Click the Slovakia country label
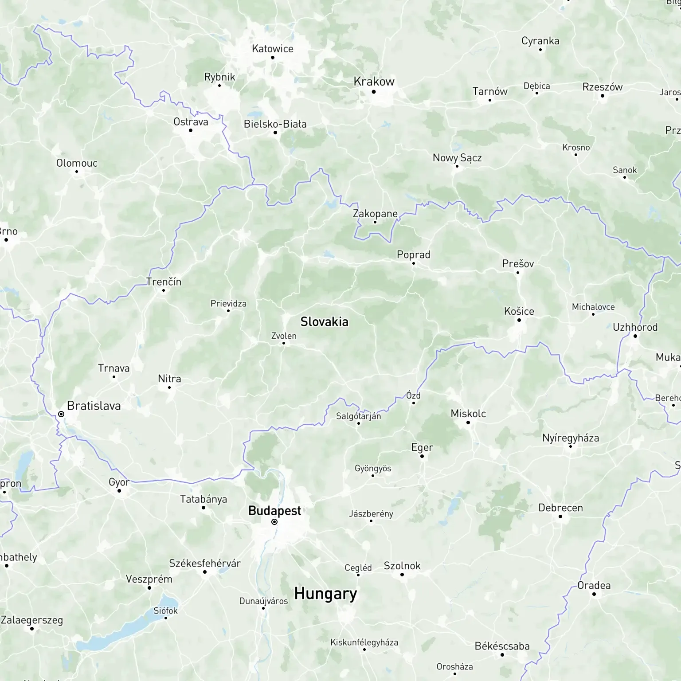(x=324, y=322)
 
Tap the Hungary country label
(x=325, y=594)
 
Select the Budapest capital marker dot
(x=274, y=522)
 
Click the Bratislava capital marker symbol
(x=61, y=414)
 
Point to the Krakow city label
(x=374, y=82)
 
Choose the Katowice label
(x=272, y=49)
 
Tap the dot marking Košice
(x=519, y=320)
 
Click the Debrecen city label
(x=560, y=508)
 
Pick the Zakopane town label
(x=375, y=214)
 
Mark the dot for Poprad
(x=413, y=263)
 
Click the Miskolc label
(x=468, y=414)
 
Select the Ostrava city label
(x=191, y=122)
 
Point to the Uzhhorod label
(x=635, y=327)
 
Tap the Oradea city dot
(x=594, y=594)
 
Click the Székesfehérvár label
(x=205, y=564)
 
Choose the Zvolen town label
(x=284, y=336)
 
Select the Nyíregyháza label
(x=570, y=438)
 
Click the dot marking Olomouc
(x=77, y=172)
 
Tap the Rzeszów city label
(x=602, y=87)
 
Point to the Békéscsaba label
(x=502, y=646)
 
